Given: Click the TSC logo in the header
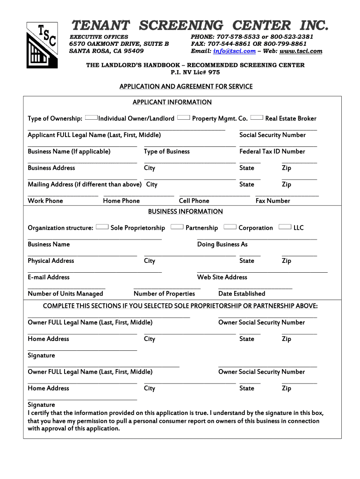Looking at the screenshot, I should coord(42,45).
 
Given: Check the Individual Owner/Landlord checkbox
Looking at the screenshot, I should coord(92,117).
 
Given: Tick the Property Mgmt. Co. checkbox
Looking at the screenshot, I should coord(183,117).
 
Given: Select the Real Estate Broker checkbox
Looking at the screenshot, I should coord(257,117).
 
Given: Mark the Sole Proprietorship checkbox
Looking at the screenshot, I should coord(102,227).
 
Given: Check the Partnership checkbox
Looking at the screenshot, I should coord(177,227).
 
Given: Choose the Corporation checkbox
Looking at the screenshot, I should coord(230,227).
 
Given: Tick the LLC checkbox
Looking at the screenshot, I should coord(285,227).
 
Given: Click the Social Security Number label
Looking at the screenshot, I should coord(272,135).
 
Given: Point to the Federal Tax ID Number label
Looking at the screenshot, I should coord(272,152).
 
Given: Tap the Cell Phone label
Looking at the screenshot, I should coord(194,201).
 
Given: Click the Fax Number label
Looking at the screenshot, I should coord(273,201).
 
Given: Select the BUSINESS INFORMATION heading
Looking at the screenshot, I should coord(185,211).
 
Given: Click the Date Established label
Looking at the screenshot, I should coord(241,294).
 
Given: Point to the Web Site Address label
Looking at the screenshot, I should coord(222,277).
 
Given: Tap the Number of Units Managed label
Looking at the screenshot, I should coord(65,294).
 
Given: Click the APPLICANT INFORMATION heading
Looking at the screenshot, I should coord(172,102).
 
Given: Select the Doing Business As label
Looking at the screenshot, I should coord(222,245).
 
